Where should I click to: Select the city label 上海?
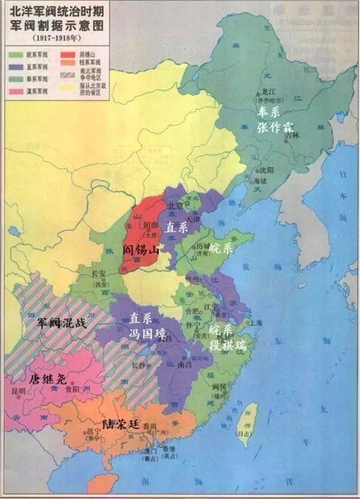coord(256,323)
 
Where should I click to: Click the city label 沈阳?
coord(264,169)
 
